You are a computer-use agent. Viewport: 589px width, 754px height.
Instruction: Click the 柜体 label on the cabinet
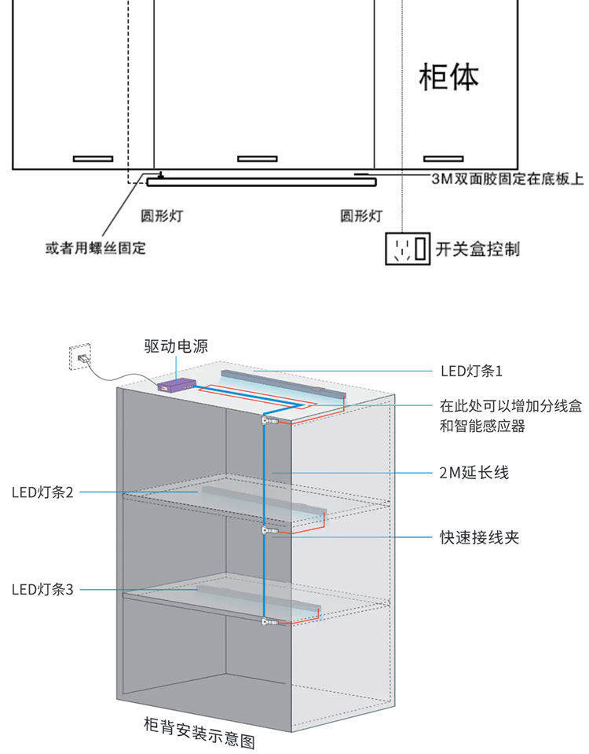[448, 77]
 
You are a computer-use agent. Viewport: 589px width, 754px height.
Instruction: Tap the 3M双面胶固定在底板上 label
[507, 179]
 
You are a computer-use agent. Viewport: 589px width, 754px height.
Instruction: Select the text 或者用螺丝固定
[96, 248]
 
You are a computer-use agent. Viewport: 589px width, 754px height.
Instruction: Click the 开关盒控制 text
[477, 249]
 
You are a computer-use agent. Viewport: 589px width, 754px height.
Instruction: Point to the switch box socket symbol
[408, 249]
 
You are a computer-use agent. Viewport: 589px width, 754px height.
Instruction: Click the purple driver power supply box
[177, 384]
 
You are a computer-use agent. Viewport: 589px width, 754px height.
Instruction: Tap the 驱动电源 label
[176, 346]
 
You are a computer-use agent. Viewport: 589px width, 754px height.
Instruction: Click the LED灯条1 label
[470, 370]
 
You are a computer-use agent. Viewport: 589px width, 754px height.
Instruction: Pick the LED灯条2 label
[42, 492]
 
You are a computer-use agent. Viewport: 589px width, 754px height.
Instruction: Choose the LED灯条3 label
[42, 589]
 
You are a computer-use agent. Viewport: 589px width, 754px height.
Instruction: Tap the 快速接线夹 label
[479, 537]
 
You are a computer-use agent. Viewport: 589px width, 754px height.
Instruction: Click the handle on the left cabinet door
[93, 159]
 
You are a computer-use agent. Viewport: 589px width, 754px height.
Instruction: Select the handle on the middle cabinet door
[258, 159]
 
